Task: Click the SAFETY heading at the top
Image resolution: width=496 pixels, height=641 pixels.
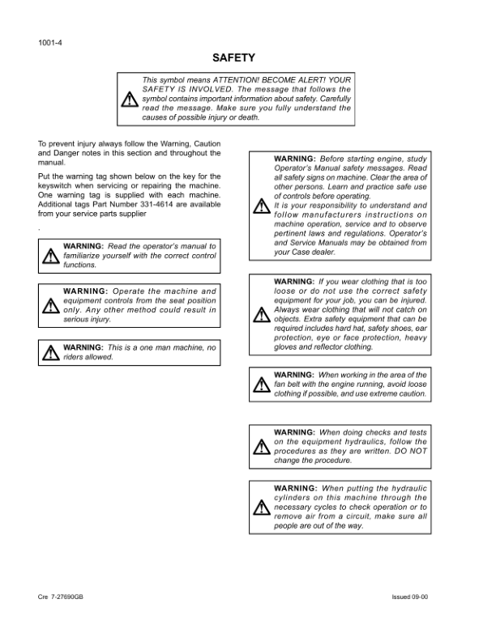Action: click(x=233, y=57)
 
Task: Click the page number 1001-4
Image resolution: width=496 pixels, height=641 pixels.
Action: click(x=50, y=42)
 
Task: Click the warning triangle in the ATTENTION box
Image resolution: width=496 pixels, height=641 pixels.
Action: click(x=129, y=99)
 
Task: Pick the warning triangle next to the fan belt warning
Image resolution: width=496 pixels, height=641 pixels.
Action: click(x=261, y=385)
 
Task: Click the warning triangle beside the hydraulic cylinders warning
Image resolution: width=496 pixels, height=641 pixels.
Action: click(x=261, y=507)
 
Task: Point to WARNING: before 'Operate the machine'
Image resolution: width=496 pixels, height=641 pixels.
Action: click(x=85, y=291)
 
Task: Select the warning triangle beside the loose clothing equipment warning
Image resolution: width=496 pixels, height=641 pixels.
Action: click(x=261, y=314)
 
